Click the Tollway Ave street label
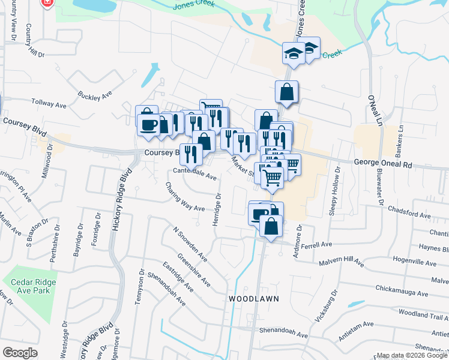(49, 104)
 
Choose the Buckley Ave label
(95, 95)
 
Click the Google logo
(20, 352)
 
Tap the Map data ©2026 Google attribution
(411, 355)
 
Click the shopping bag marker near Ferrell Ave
(271, 227)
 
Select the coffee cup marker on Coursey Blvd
(148, 124)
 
